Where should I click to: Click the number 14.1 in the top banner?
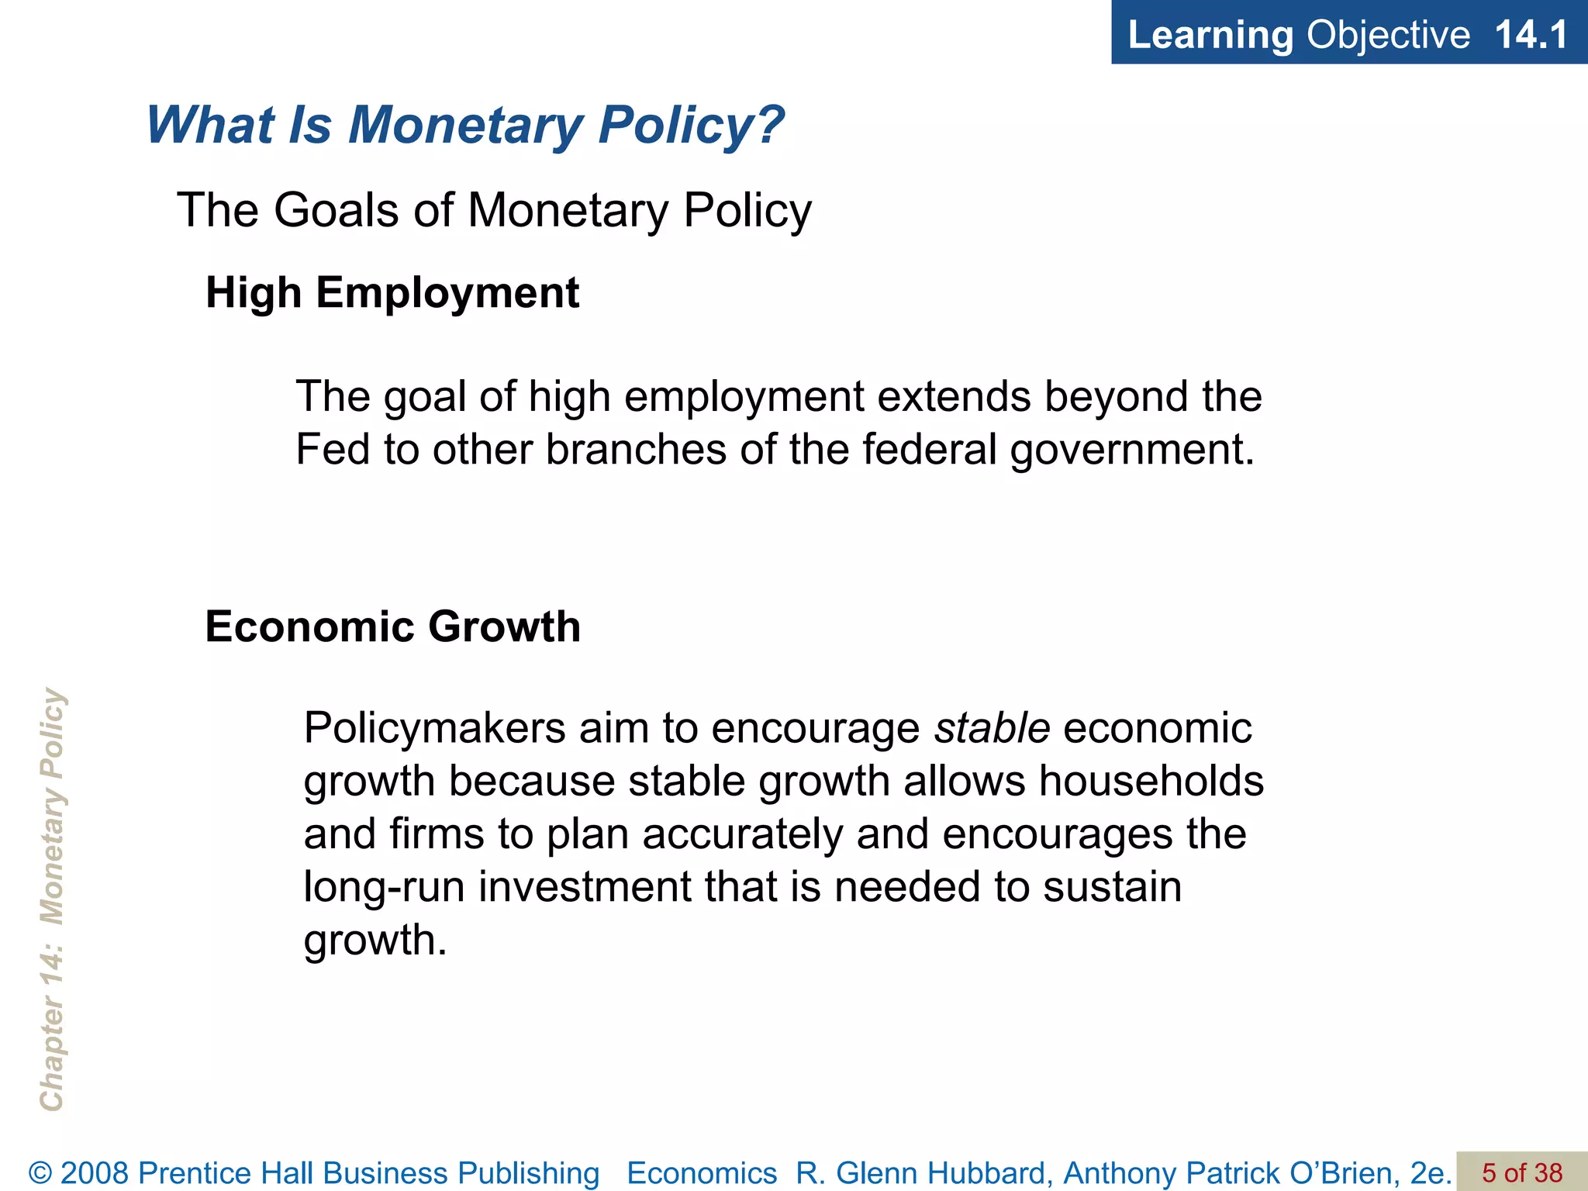coord(1531,35)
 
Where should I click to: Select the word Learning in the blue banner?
coord(1210,35)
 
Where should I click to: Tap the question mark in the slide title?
coord(768,124)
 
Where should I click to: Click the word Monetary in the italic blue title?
coord(465,124)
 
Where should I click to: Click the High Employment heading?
coord(392,293)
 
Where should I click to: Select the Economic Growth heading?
coord(392,627)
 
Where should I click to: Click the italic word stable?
coord(992,728)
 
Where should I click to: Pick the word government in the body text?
coord(1131,451)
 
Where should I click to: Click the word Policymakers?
coord(434,729)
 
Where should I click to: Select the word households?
coord(1151,781)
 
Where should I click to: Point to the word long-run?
coord(384,887)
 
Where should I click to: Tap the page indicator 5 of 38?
coord(1522,1172)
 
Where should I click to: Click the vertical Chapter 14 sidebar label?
coord(52,899)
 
